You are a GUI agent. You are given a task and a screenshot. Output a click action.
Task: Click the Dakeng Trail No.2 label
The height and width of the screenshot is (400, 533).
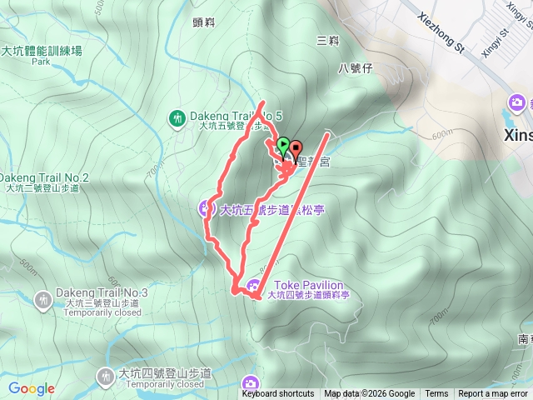[43, 177]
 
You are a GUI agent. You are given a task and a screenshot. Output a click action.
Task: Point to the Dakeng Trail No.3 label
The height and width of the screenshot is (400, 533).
[102, 293]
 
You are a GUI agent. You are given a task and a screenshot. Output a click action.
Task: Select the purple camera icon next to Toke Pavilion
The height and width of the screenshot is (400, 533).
[252, 287]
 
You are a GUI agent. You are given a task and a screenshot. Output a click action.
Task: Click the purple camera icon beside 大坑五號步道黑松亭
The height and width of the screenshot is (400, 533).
[206, 207]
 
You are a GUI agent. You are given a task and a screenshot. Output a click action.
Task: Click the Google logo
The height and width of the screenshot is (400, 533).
[32, 388]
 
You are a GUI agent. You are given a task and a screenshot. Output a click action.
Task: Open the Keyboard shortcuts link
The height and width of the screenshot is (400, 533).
[278, 394]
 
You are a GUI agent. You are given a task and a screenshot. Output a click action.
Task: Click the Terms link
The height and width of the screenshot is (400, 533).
[436, 394]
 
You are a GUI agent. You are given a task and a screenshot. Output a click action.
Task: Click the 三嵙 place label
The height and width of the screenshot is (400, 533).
[327, 40]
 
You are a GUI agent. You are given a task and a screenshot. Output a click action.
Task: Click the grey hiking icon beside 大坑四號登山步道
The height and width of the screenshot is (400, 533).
[105, 377]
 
